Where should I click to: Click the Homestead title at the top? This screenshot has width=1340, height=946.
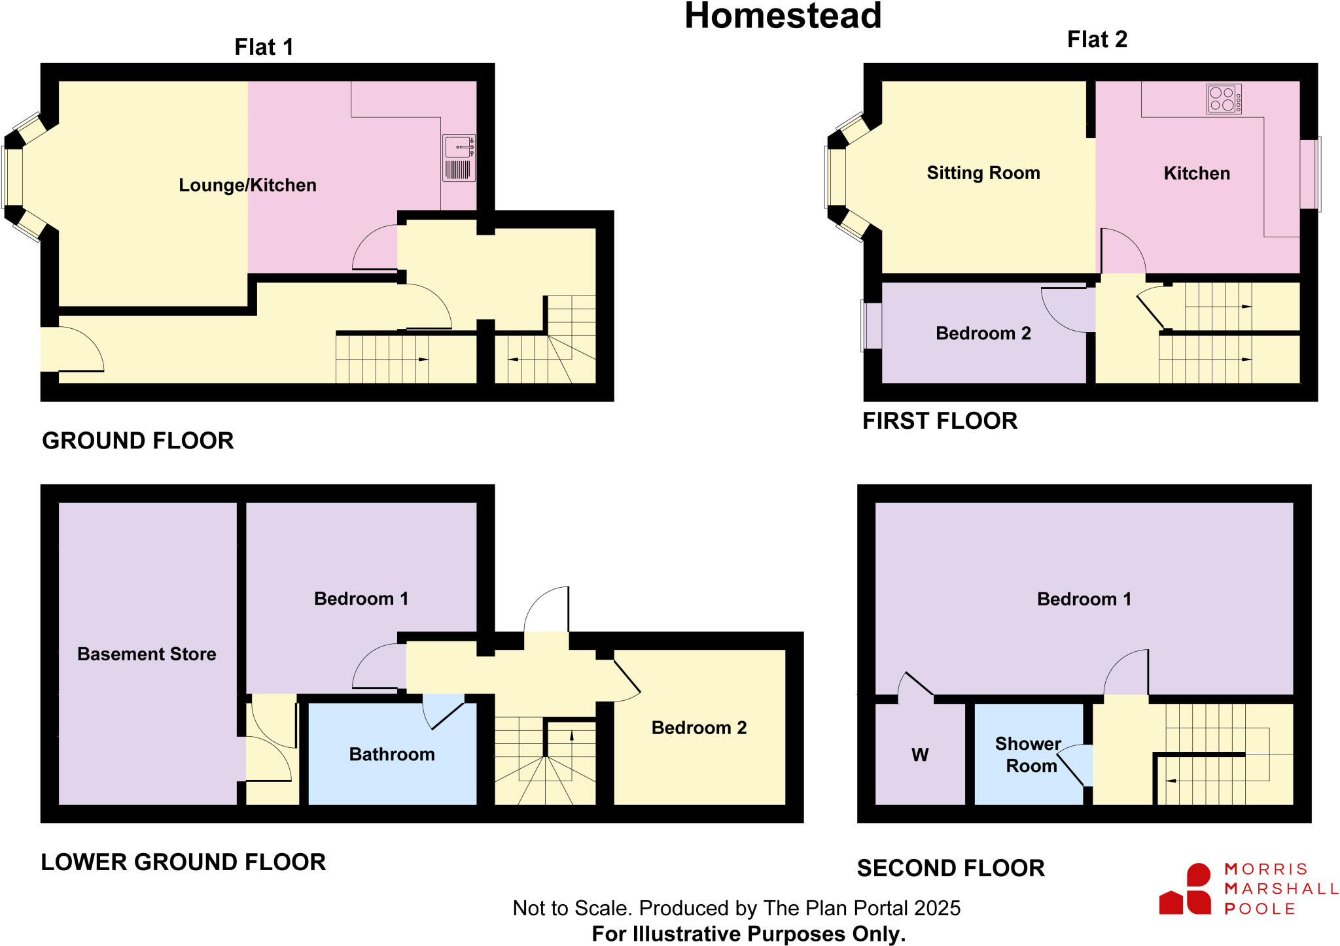pyautogui.click(x=783, y=16)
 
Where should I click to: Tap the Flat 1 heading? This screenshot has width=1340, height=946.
pyautogui.click(x=264, y=47)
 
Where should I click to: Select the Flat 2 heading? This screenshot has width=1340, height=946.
pyautogui.click(x=1097, y=39)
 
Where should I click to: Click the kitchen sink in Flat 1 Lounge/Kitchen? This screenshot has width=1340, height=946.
pyautogui.click(x=459, y=158)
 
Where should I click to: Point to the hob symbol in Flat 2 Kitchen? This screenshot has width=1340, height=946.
pyautogui.click(x=1224, y=99)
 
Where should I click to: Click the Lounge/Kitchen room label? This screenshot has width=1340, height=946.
pyautogui.click(x=247, y=185)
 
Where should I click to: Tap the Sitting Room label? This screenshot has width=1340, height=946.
pyautogui.click(x=983, y=173)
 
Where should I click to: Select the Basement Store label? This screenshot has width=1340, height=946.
pyautogui.click(x=147, y=654)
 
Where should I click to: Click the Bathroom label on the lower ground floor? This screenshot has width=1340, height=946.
pyautogui.click(x=392, y=754)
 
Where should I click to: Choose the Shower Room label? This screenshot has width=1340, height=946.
pyautogui.click(x=1029, y=754)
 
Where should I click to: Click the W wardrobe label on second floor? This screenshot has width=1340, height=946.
pyautogui.click(x=919, y=755)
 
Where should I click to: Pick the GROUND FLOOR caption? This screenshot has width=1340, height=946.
pyautogui.click(x=137, y=441)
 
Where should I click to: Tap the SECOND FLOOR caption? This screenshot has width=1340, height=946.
pyautogui.click(x=950, y=868)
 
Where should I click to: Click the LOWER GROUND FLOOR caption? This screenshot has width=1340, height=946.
pyautogui.click(x=183, y=862)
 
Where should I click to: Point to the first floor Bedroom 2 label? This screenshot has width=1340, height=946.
pyautogui.click(x=983, y=333)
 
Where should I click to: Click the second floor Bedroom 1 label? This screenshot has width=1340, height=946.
pyautogui.click(x=1084, y=599)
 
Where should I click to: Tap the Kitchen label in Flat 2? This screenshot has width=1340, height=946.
pyautogui.click(x=1196, y=173)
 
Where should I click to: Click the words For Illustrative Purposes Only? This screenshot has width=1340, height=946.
pyautogui.click(x=749, y=934)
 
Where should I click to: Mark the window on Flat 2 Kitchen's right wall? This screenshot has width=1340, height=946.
pyautogui.click(x=1310, y=174)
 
